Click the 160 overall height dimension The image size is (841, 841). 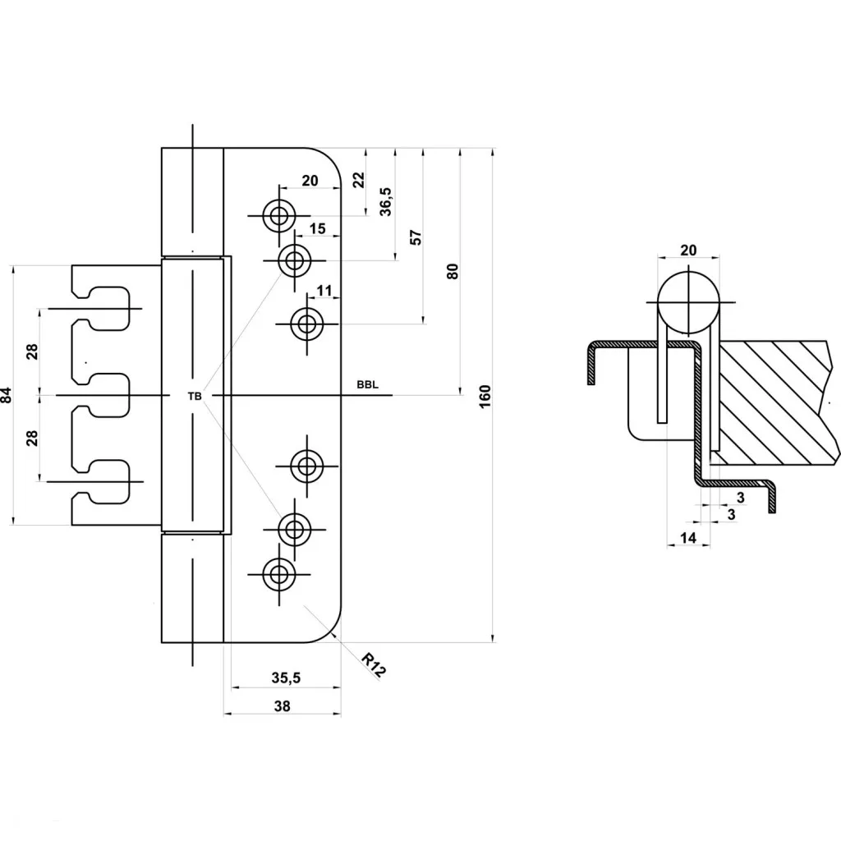[485, 397]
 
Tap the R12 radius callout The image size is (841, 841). [374, 665]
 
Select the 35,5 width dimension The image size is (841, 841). [286, 678]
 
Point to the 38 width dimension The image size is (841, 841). [283, 705]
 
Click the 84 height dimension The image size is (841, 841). [7, 395]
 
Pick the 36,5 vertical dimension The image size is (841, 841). [386, 202]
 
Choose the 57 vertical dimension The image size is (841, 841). [416, 237]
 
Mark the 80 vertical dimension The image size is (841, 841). [453, 271]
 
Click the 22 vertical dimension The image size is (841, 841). [358, 180]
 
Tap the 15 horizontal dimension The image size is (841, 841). [317, 228]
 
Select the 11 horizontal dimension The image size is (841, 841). [324, 291]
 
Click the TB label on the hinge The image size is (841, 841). [195, 397]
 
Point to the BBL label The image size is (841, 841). [367, 385]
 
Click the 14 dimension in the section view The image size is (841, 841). [687, 537]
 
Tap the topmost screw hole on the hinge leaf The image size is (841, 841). [279, 216]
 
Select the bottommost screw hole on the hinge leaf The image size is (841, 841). [279, 574]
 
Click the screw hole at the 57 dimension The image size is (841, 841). [307, 324]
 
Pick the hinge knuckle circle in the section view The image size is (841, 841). [689, 302]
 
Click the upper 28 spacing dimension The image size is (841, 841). [32, 352]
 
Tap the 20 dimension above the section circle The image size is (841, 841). [688, 250]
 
